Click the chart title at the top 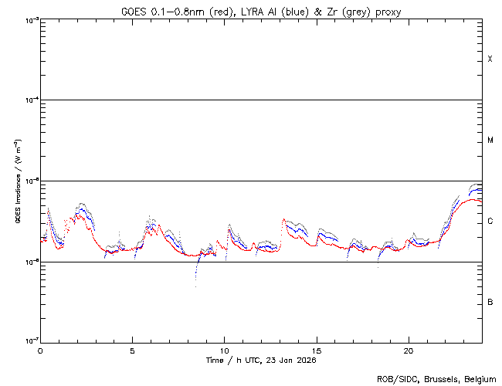click(261, 11)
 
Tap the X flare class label click(490, 59)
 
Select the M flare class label click(490, 141)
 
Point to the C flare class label click(490, 222)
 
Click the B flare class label click(490, 302)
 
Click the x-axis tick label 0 click(40, 350)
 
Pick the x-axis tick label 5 click(132, 350)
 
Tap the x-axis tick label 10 click(225, 350)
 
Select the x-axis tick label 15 click(317, 350)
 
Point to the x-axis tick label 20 click(409, 350)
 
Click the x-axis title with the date click(261, 360)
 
